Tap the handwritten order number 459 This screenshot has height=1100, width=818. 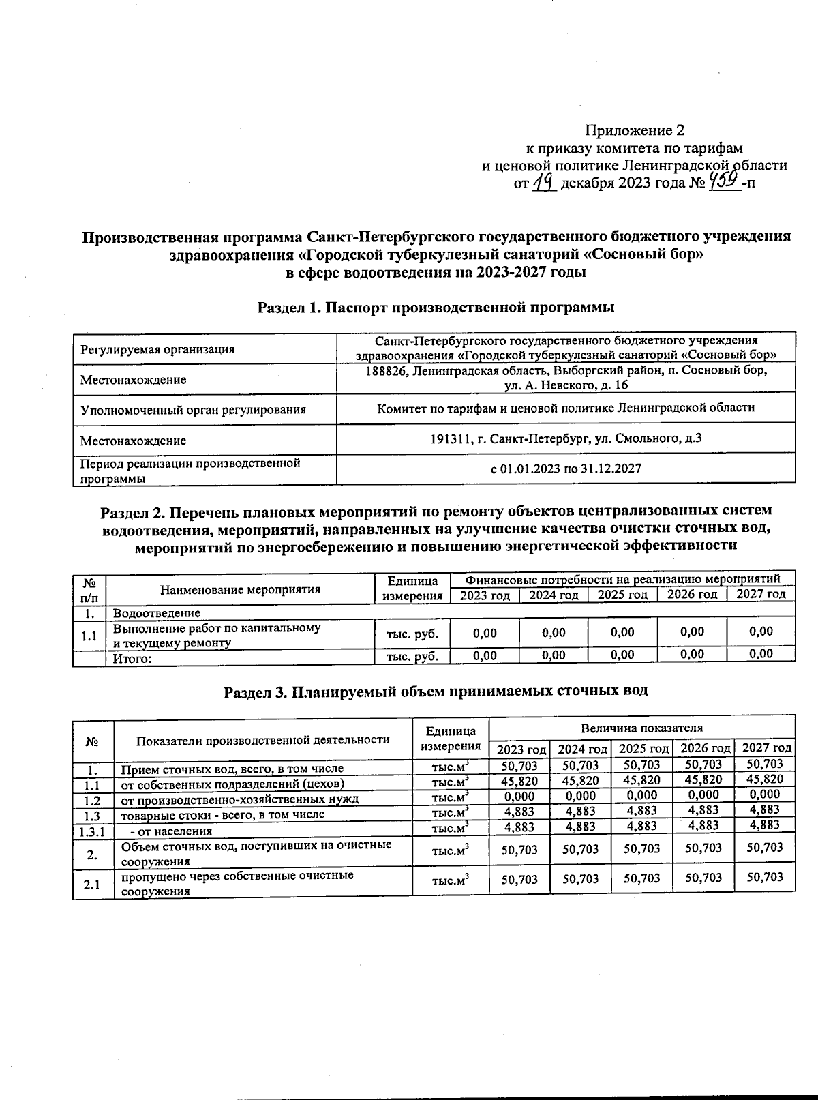(x=725, y=181)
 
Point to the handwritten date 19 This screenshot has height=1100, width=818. (x=545, y=182)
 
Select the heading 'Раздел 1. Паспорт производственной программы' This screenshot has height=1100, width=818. (x=436, y=307)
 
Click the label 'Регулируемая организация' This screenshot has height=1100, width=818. (x=157, y=349)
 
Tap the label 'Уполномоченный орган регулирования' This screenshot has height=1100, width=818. (x=193, y=410)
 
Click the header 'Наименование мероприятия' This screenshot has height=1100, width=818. (x=240, y=589)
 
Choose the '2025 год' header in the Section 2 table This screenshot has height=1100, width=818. (x=622, y=595)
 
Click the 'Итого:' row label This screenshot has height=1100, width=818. (x=132, y=658)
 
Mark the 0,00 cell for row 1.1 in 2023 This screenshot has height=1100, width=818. (x=485, y=632)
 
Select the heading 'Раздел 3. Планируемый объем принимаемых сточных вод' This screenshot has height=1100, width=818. (x=436, y=691)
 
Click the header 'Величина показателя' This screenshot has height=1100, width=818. (x=641, y=728)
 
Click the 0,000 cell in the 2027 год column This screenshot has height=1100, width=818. (x=764, y=794)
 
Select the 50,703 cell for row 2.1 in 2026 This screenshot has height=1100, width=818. (x=703, y=878)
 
